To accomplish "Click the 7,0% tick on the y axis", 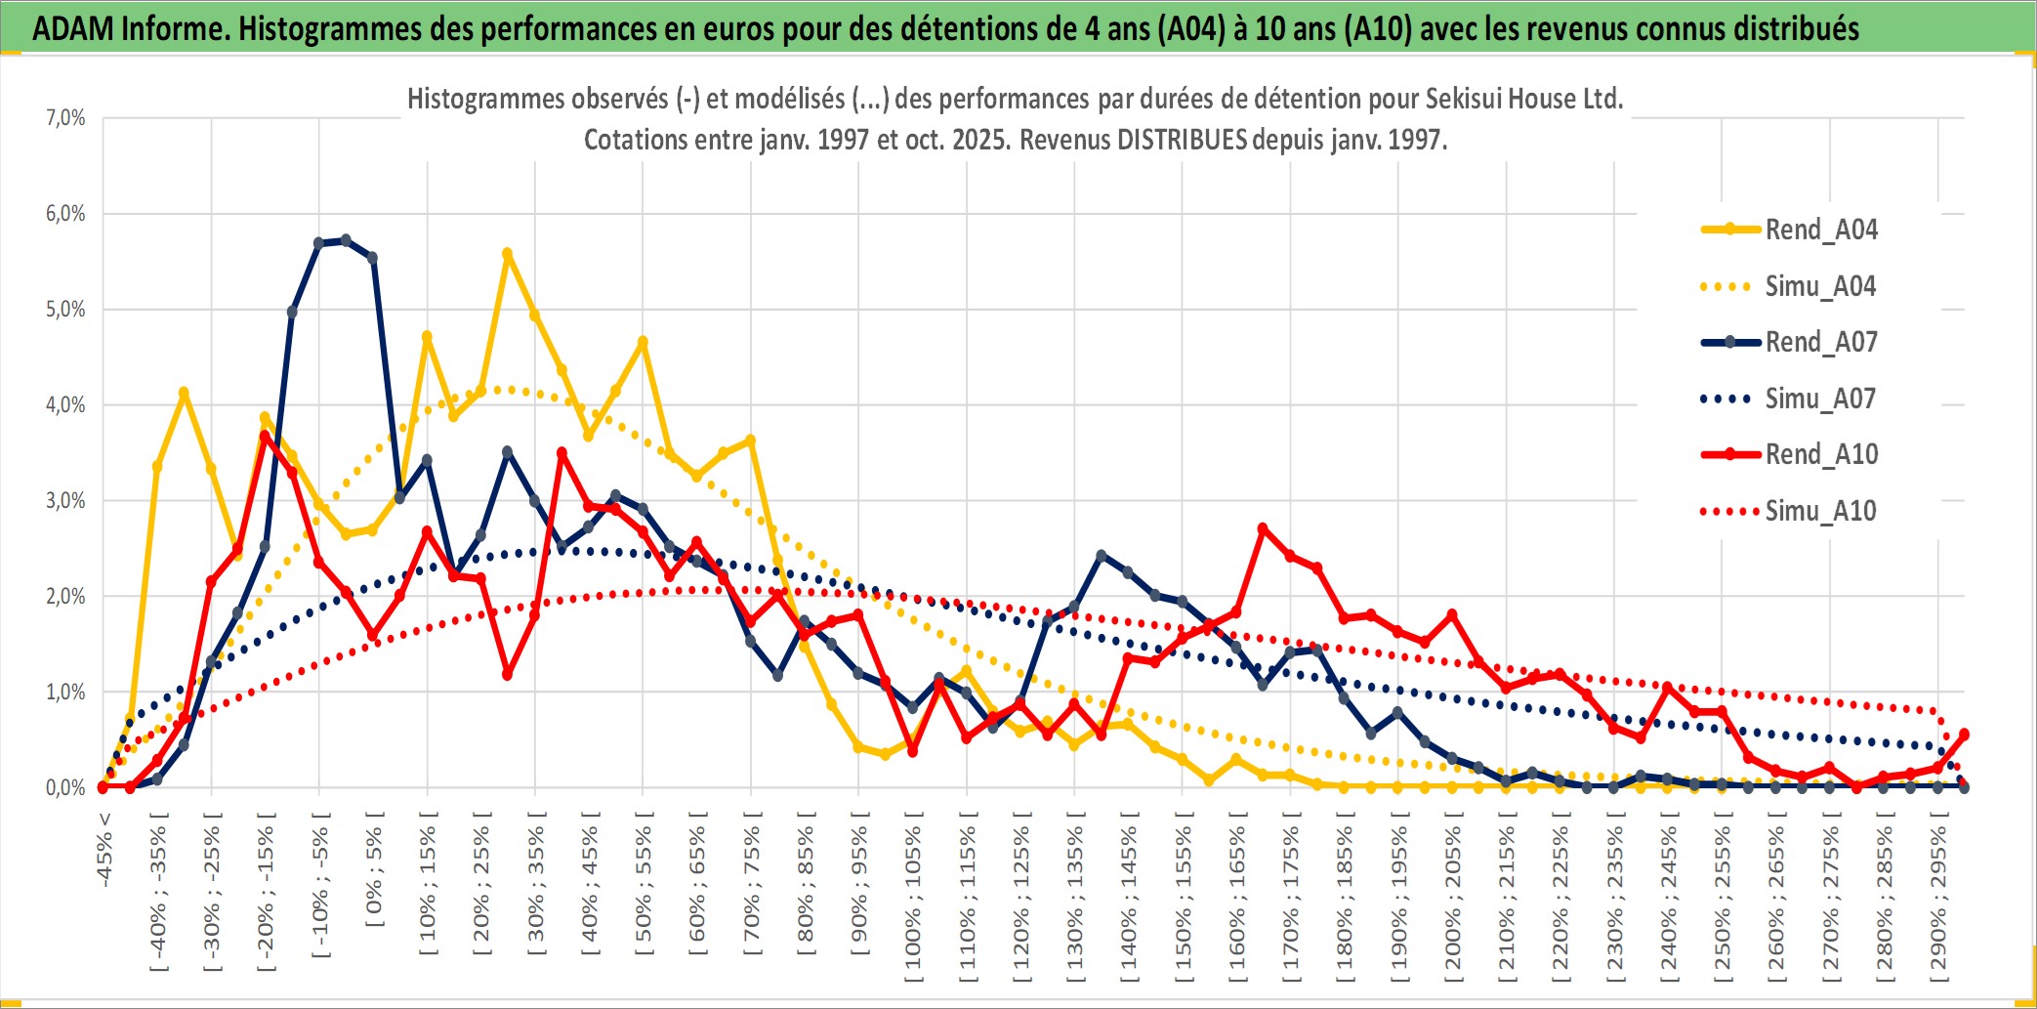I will [x=65, y=118].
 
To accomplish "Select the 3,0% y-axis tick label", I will [x=65, y=501].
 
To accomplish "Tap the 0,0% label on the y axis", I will [x=65, y=787].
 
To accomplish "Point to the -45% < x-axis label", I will [x=104, y=850].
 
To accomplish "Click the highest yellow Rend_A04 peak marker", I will [x=507, y=254].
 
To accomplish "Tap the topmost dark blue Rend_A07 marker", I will [x=346, y=239].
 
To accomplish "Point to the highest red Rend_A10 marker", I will [x=265, y=436].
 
